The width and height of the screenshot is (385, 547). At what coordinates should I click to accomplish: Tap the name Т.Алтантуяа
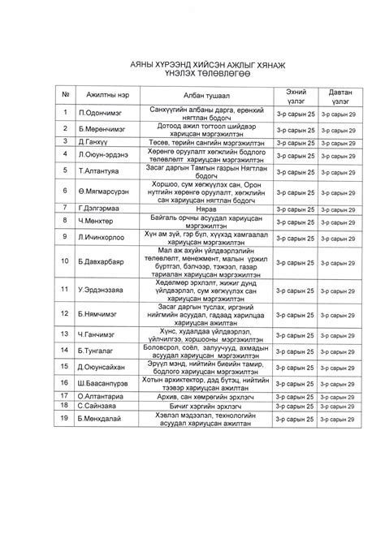pyautogui.click(x=99, y=172)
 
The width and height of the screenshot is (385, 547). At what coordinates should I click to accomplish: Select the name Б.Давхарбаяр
pyautogui.click(x=102, y=262)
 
